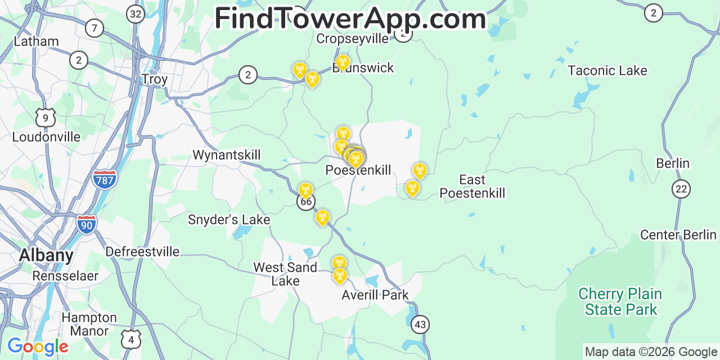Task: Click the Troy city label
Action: [155, 79]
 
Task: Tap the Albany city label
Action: [46, 255]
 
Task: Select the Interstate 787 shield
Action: [105, 179]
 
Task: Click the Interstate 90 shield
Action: [87, 223]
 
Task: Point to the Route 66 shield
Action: [306, 202]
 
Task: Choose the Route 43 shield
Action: [420, 325]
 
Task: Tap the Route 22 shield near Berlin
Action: [681, 189]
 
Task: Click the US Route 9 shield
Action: [46, 118]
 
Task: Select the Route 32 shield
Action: [135, 14]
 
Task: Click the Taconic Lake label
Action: [607, 71]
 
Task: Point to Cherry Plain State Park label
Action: [620, 302]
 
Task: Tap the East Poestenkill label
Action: [472, 187]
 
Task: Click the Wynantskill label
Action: [227, 155]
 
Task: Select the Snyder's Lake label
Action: [229, 220]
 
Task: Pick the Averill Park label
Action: [375, 295]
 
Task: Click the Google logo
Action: [38, 346]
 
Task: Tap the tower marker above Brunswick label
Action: [342, 62]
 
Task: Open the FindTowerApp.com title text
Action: [350, 19]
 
